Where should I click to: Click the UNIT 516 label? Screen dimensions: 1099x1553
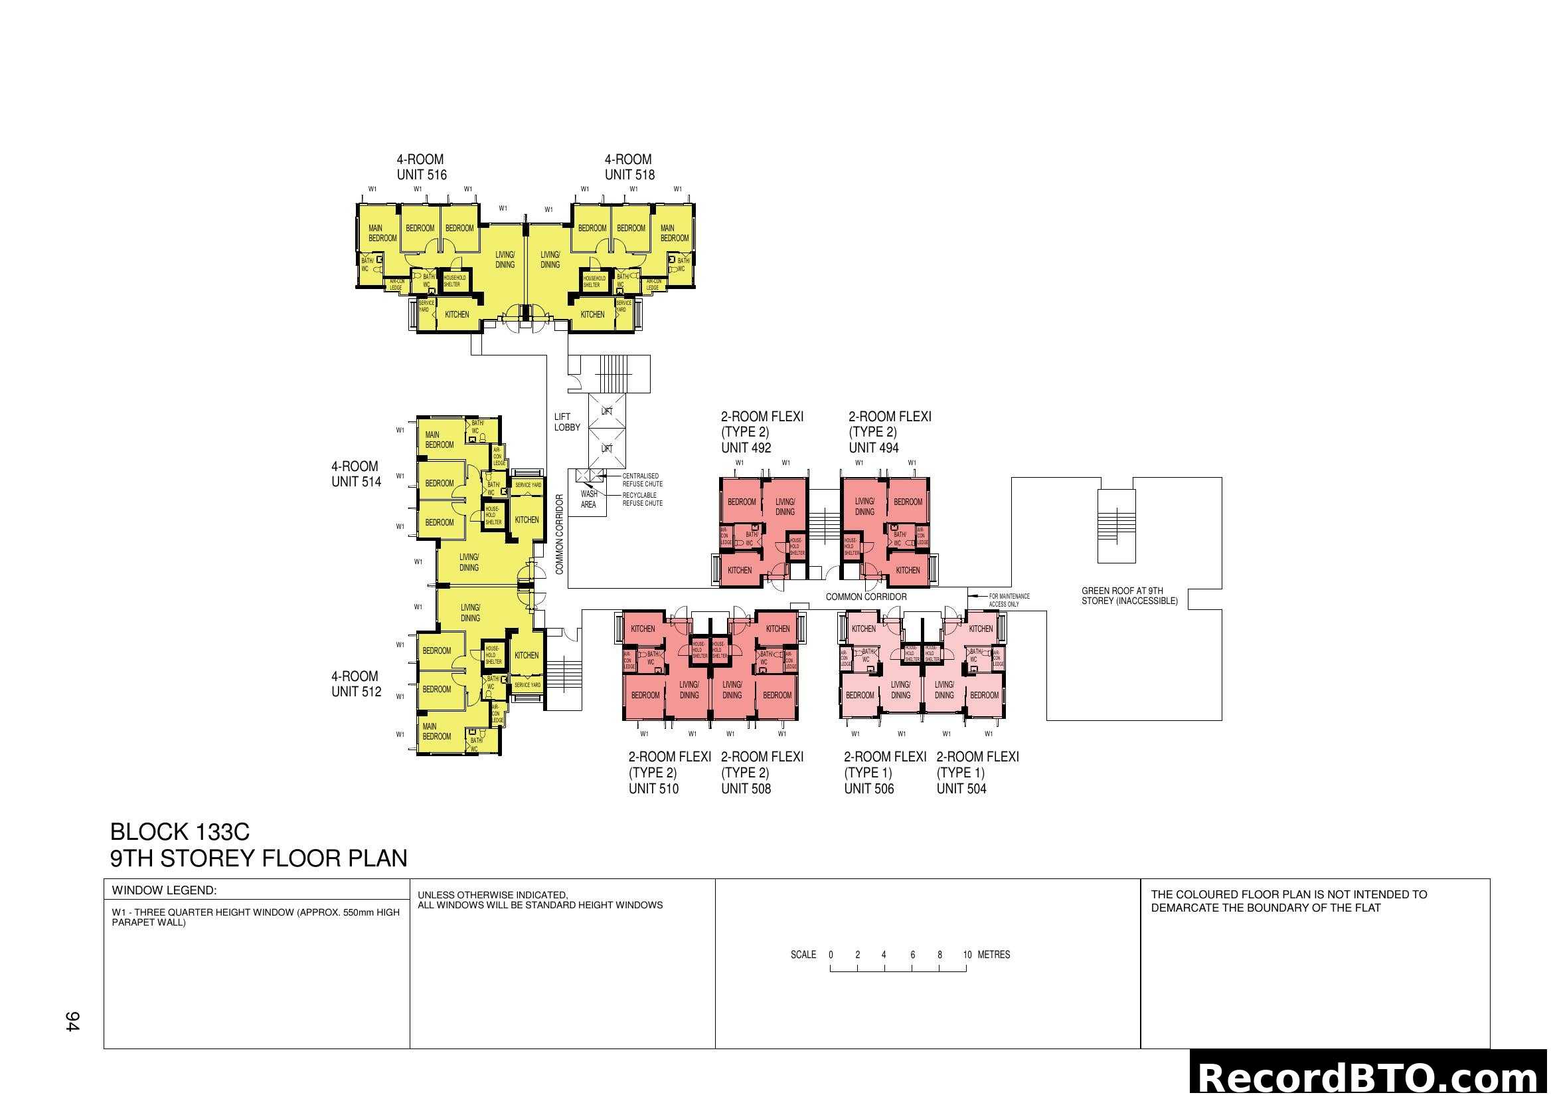coord(422,175)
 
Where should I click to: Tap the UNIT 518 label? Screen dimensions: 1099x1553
coord(629,175)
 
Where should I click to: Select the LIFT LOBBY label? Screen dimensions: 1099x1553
coord(567,423)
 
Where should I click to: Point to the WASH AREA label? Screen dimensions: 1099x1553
coord(588,500)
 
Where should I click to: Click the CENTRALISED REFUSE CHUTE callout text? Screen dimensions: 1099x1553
coord(642,480)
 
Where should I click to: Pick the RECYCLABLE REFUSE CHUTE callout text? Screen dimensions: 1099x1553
coord(642,500)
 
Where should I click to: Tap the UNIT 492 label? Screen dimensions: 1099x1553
coord(746,448)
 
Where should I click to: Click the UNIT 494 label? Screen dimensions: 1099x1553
coord(873,448)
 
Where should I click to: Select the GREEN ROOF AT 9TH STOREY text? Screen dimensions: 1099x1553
coord(1129,596)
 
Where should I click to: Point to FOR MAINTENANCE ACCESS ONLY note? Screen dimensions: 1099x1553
coord(1009,600)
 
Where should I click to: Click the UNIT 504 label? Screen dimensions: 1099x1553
coord(961,789)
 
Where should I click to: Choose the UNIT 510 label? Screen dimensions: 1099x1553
coord(653,789)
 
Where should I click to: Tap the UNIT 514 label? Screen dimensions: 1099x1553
coord(356,482)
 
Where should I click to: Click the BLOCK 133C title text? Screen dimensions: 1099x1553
coord(179,832)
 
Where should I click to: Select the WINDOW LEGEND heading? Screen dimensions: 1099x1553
coord(164,890)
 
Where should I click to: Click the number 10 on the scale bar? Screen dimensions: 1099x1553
coord(967,955)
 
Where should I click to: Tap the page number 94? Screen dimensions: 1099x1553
coord(72,1021)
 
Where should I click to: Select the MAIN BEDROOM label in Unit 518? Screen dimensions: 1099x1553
coord(674,233)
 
